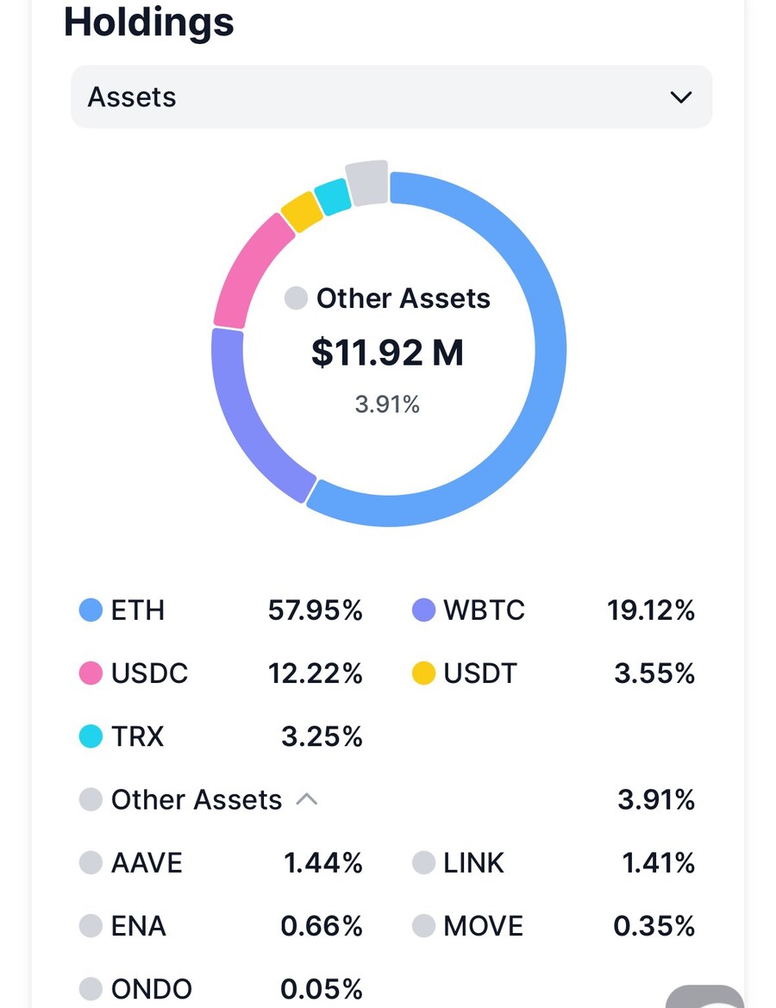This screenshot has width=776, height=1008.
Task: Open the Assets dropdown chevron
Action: (x=680, y=97)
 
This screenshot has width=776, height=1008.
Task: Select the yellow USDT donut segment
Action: (x=302, y=211)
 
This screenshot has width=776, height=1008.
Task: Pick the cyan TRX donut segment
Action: (x=332, y=197)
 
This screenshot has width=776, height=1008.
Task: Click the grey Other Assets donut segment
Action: (x=366, y=183)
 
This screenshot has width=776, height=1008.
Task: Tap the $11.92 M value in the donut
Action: (x=387, y=353)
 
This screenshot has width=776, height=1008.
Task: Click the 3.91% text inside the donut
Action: (x=387, y=404)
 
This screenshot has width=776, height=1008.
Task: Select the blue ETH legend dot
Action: (x=91, y=610)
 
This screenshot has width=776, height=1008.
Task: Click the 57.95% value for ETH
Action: (x=315, y=610)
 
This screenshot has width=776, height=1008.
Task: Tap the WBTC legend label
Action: (x=484, y=610)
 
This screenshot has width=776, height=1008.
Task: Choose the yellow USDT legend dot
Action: (x=423, y=673)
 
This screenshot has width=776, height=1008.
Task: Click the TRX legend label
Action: (x=137, y=736)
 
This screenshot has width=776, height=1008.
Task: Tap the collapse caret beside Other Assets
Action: (x=307, y=799)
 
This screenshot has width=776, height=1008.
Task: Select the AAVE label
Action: (x=147, y=863)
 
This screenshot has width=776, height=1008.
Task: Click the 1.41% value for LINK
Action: (x=658, y=863)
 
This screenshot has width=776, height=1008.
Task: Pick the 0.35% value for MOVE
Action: (x=654, y=926)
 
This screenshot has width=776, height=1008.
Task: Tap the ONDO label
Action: (x=151, y=989)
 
